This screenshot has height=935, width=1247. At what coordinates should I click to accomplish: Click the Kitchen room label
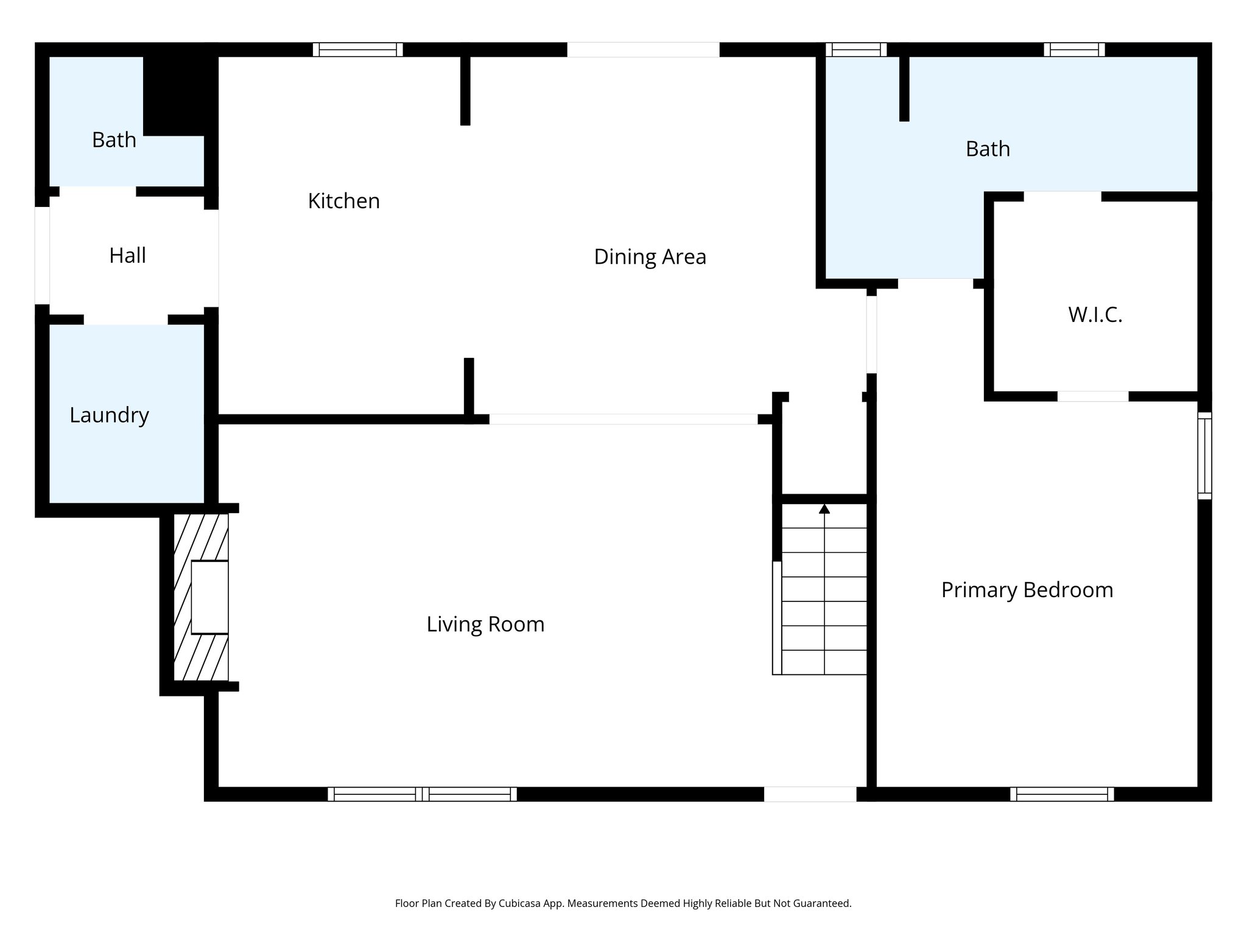pos(343,201)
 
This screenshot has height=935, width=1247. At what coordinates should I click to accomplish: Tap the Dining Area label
pos(650,257)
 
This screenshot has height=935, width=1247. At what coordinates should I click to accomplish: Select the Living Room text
pos(485,625)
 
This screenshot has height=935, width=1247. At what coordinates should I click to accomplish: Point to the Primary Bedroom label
pos(1027,590)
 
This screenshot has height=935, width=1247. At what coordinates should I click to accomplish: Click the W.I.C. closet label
pos(1095,315)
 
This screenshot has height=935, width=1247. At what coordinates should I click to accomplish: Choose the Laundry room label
pos(109,415)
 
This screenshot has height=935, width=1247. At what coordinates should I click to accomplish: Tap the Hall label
pos(127,256)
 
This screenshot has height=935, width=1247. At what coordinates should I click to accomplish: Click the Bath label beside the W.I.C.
pos(988,149)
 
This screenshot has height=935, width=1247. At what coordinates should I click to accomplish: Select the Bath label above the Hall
pos(114,140)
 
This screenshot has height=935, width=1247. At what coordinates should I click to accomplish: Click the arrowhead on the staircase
pos(824,509)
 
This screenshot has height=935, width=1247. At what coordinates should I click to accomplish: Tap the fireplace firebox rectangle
pos(209,597)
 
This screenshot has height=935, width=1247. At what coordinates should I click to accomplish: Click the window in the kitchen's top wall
pos(358,50)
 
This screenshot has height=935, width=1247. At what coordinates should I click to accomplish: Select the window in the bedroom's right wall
pos(1204,456)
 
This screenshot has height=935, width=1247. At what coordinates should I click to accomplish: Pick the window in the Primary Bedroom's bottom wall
pos(1062,794)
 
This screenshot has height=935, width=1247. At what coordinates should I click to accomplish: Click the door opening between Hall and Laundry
pos(125,320)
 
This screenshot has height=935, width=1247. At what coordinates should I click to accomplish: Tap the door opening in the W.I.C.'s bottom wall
pos(1092,396)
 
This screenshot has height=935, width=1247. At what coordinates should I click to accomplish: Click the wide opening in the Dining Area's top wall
pos(643,50)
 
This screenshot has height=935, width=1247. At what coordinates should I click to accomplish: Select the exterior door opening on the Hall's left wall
pos(42,255)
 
